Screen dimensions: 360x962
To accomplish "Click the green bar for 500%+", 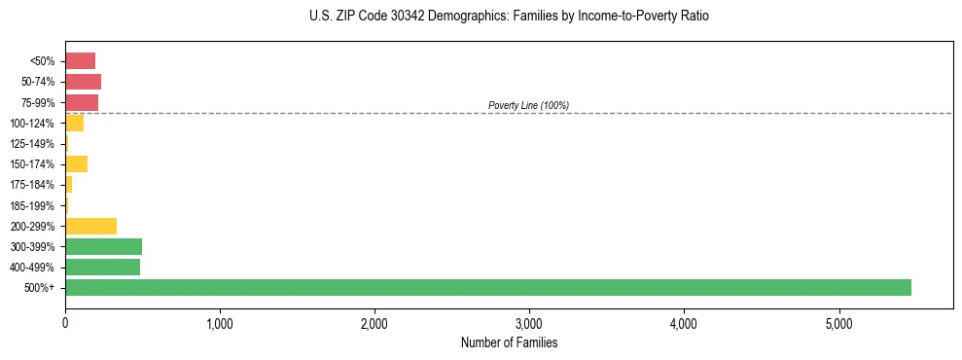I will point(487,287).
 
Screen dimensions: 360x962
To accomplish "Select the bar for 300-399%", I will point(103,246).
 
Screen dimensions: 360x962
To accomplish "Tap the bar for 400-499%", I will point(102,267).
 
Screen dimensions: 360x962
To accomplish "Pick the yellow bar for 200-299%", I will point(90,226).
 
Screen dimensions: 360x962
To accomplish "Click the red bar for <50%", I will point(80,60).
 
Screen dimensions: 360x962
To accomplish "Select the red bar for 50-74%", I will point(83,82).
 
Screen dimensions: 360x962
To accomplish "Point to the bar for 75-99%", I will point(82,102).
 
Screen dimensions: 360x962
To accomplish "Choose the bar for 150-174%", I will point(76,163).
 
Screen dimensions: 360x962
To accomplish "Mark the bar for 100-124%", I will point(74,123).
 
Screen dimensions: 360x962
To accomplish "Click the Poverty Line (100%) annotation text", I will point(528,105).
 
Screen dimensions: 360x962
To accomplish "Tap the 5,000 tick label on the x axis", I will point(838,323).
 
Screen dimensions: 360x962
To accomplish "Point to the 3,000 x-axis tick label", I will point(529,323).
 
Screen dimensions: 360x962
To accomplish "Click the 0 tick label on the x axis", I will point(65,323).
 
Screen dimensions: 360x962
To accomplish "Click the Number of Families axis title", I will point(509,342).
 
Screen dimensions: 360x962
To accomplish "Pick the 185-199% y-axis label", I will point(32,205).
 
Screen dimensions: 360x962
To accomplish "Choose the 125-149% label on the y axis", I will point(32,144).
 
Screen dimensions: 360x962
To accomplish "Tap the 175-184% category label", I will point(32,185).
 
